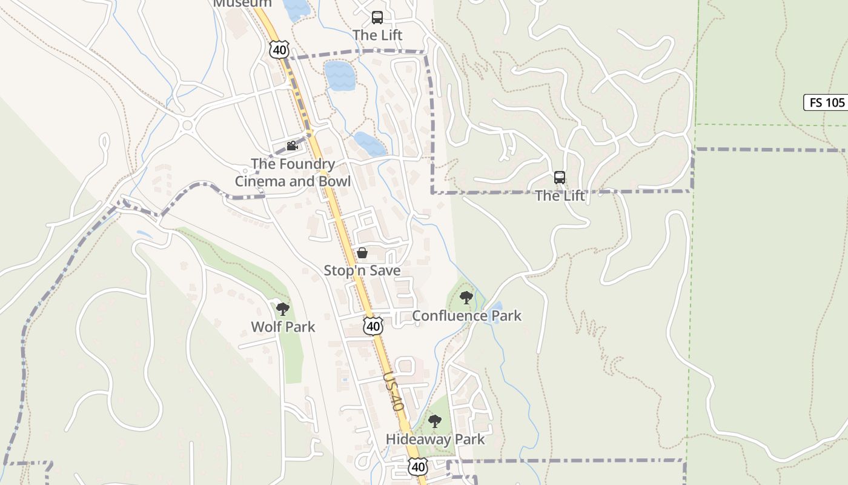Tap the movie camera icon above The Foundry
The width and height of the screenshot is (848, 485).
293,145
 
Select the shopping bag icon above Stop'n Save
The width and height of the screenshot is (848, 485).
362,253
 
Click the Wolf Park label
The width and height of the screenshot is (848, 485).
283,327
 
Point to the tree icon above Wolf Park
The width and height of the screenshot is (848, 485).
282,309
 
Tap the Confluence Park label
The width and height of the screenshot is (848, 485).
466,316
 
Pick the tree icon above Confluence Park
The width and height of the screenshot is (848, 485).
466,297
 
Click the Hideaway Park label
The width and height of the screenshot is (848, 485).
436,440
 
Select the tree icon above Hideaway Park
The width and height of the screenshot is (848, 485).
434,421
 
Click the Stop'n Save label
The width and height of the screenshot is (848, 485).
362,270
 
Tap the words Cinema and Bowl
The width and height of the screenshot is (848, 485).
293,181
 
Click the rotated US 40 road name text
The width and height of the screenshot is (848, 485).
393,392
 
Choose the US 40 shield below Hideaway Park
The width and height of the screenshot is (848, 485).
417,466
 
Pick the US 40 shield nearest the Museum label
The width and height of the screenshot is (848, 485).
279,50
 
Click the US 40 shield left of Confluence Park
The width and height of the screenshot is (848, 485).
373,326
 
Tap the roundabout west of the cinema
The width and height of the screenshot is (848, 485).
187,126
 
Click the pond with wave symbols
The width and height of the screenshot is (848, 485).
339,75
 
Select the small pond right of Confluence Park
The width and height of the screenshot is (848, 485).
495,312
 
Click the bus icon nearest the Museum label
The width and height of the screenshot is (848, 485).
377,17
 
